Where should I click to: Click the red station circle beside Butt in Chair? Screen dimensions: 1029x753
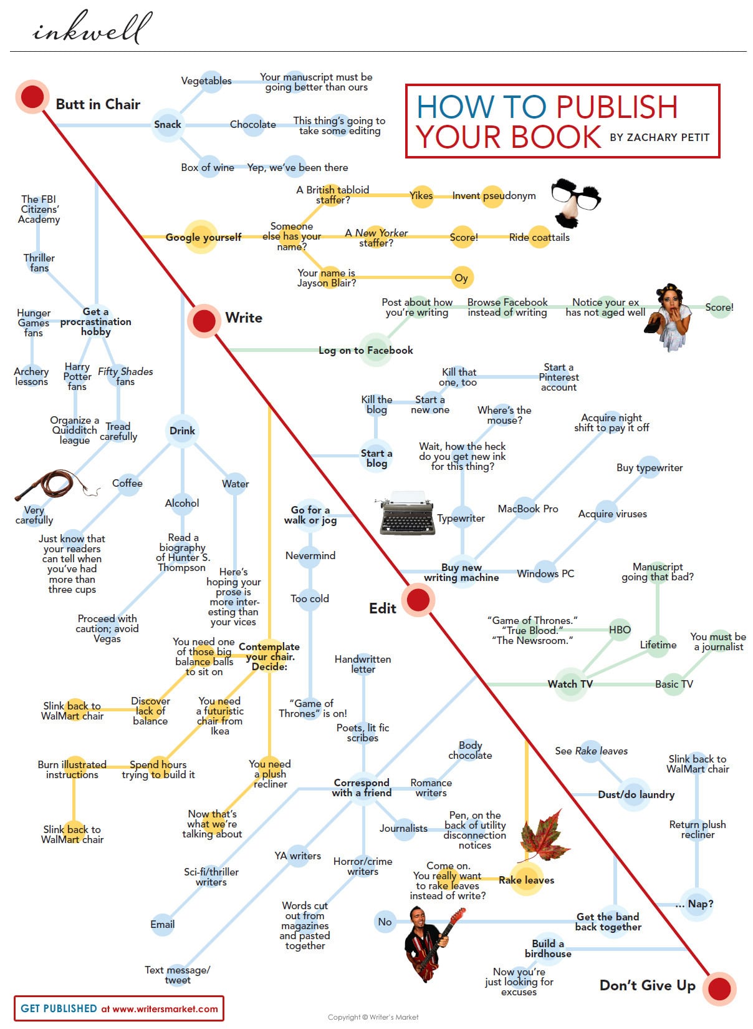[32, 97]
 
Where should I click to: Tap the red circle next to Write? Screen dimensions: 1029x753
[204, 321]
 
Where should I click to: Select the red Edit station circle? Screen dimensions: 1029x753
[418, 600]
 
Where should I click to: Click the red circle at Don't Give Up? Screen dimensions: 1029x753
[719, 989]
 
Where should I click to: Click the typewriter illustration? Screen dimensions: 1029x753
[408, 514]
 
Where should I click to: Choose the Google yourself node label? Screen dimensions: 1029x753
[203, 237]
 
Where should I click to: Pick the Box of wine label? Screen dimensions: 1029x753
[208, 167]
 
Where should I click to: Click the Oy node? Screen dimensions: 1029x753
[461, 278]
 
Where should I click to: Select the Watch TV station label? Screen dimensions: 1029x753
[570, 684]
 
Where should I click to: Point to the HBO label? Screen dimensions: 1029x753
[620, 630]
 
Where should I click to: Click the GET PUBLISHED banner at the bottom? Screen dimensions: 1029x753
[119, 1008]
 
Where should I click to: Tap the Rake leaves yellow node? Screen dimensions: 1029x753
[526, 880]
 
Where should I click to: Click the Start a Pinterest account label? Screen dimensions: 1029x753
[559, 377]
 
